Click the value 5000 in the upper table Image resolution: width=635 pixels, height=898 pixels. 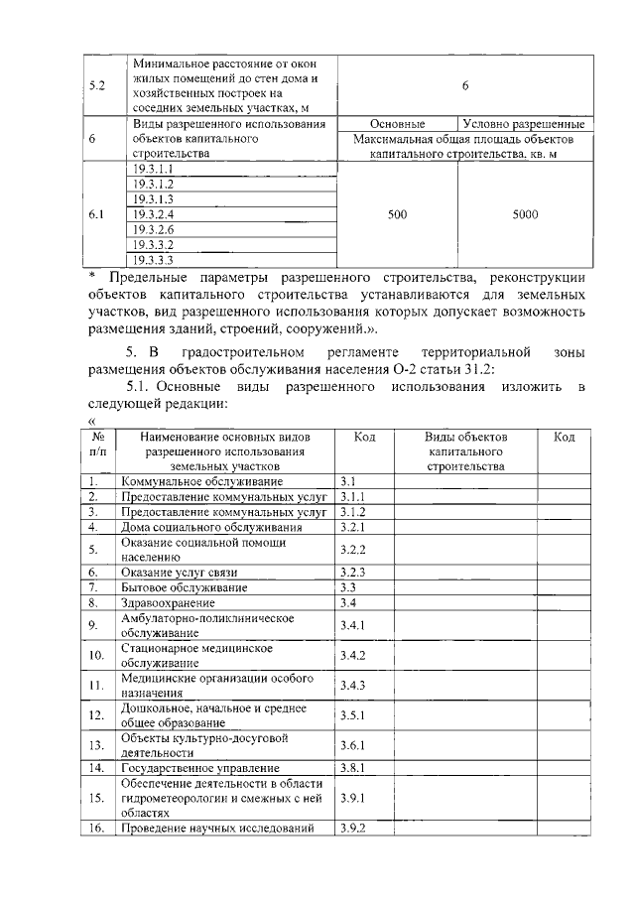525,213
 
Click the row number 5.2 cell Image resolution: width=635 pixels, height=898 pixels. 97,85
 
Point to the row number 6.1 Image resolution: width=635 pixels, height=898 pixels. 97,213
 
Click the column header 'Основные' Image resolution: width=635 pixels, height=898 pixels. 397,124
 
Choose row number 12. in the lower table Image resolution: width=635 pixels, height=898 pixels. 96,715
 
